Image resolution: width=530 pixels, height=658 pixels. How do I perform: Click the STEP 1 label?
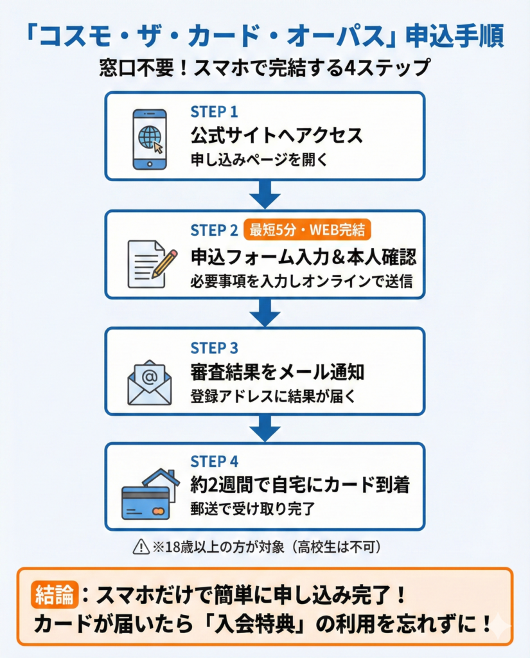(214, 111)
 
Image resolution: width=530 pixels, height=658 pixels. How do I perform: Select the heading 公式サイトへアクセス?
(277, 136)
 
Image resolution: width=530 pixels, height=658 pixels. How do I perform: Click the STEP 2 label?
(214, 230)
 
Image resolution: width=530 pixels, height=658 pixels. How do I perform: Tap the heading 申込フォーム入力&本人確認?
(303, 257)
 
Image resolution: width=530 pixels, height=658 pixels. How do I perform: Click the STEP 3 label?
(214, 348)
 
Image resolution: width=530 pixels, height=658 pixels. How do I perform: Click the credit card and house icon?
(150, 495)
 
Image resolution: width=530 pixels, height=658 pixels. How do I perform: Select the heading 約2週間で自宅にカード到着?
(300, 485)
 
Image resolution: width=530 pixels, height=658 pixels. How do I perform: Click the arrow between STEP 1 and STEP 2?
(265, 194)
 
